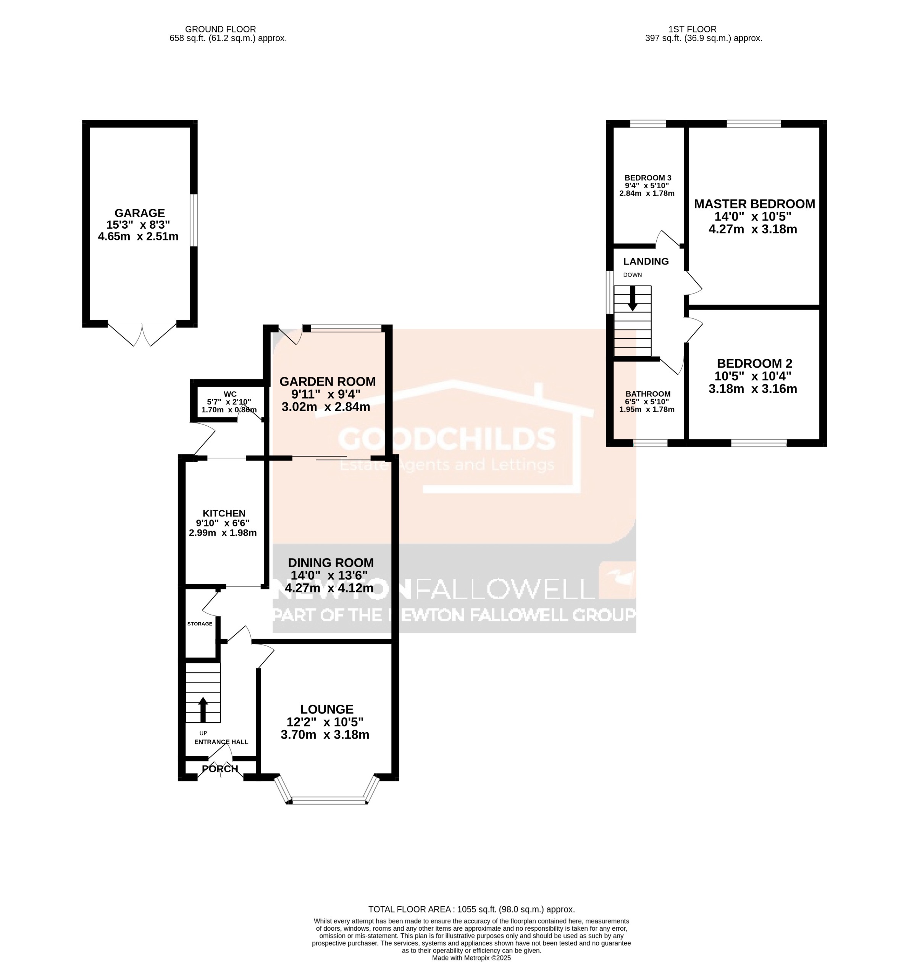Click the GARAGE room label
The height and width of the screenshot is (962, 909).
[x=140, y=213]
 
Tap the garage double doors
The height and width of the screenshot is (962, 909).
[x=142, y=334]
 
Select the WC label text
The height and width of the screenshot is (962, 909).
[x=230, y=394]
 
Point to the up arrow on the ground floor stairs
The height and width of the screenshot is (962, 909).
[x=203, y=710]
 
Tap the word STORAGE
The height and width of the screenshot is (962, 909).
[x=200, y=624]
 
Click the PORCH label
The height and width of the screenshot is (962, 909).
[x=220, y=769]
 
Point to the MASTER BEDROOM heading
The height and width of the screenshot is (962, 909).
[x=754, y=204]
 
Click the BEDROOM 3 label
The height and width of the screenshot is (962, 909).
[x=648, y=178]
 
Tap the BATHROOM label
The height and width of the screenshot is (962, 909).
[x=648, y=394]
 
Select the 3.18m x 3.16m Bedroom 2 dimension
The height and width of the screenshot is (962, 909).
[x=752, y=389]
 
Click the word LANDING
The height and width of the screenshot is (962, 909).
[x=646, y=261]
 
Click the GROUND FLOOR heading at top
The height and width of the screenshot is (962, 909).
[x=220, y=29]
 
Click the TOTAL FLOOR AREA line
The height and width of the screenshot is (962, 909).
[x=471, y=910]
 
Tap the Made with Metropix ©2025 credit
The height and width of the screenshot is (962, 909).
[x=471, y=958]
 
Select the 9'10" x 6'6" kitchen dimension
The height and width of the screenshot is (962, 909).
[x=223, y=523]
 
